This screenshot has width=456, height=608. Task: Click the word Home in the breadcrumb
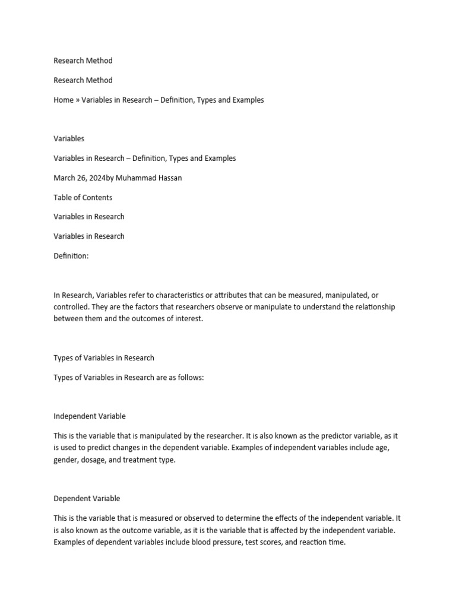(x=64, y=100)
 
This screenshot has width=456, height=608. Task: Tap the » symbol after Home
(x=78, y=100)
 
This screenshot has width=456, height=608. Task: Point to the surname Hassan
(x=170, y=178)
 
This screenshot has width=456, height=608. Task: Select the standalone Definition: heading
(x=71, y=255)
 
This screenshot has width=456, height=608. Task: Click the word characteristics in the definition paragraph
(x=178, y=295)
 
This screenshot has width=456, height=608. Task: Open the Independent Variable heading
(x=90, y=416)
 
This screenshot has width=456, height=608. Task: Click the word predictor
(x=320, y=436)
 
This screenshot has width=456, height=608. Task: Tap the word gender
(x=65, y=460)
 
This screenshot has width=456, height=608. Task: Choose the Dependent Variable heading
(x=87, y=498)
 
